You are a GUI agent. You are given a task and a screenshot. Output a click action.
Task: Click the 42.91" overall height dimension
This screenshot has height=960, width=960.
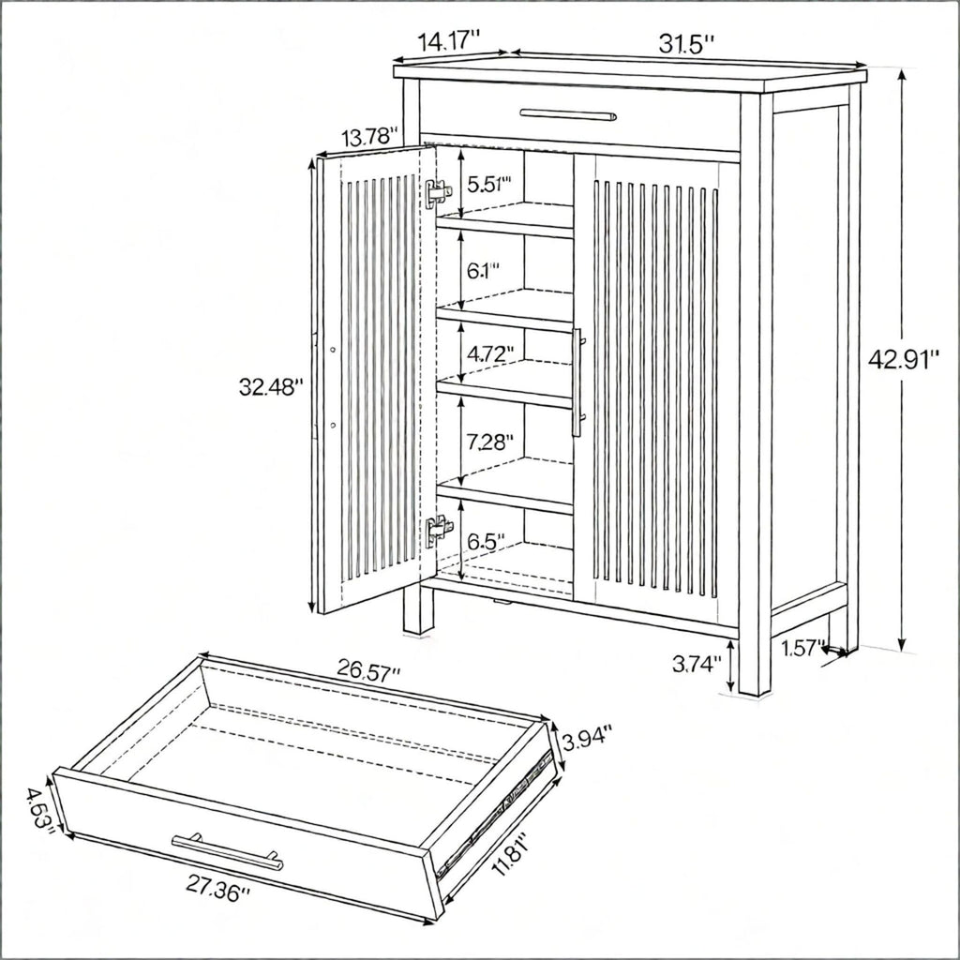[903, 360]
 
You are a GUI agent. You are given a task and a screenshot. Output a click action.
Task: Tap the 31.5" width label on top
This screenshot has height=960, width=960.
[686, 43]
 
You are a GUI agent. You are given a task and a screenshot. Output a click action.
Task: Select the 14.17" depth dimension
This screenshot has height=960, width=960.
[448, 41]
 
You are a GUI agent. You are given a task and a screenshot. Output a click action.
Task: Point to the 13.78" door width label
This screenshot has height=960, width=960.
[370, 137]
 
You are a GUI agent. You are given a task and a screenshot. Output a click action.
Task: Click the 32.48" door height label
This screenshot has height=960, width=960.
[271, 387]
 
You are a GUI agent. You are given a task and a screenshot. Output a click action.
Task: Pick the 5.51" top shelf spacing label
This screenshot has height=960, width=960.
[489, 184]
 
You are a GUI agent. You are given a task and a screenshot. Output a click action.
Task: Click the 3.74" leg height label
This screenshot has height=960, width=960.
[697, 664]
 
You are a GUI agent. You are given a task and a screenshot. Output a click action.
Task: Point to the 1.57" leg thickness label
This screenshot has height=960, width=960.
[801, 648]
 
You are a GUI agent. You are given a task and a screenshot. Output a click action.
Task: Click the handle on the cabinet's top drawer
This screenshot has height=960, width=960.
[568, 114]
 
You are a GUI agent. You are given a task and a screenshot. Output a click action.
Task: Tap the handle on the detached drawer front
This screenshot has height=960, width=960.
[228, 851]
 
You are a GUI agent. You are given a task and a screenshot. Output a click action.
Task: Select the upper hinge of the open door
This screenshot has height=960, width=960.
[439, 193]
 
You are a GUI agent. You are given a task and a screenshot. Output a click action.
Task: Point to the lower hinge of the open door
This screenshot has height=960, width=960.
[439, 529]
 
